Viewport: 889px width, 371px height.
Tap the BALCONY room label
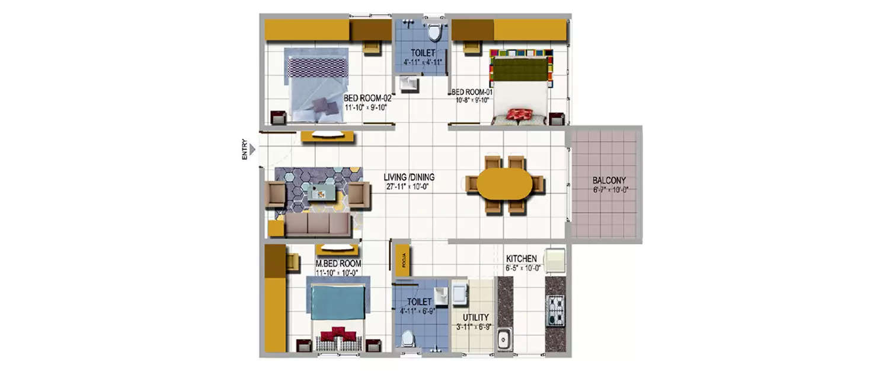pos(609,180)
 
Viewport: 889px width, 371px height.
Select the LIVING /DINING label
pos(409,177)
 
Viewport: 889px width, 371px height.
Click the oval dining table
pos(505,185)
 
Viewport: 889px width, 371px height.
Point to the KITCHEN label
pos(522,259)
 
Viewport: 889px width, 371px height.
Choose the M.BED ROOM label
pos(338,264)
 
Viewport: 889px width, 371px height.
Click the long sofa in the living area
pos(319,225)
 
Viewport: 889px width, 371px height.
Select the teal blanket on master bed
pos(338,302)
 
